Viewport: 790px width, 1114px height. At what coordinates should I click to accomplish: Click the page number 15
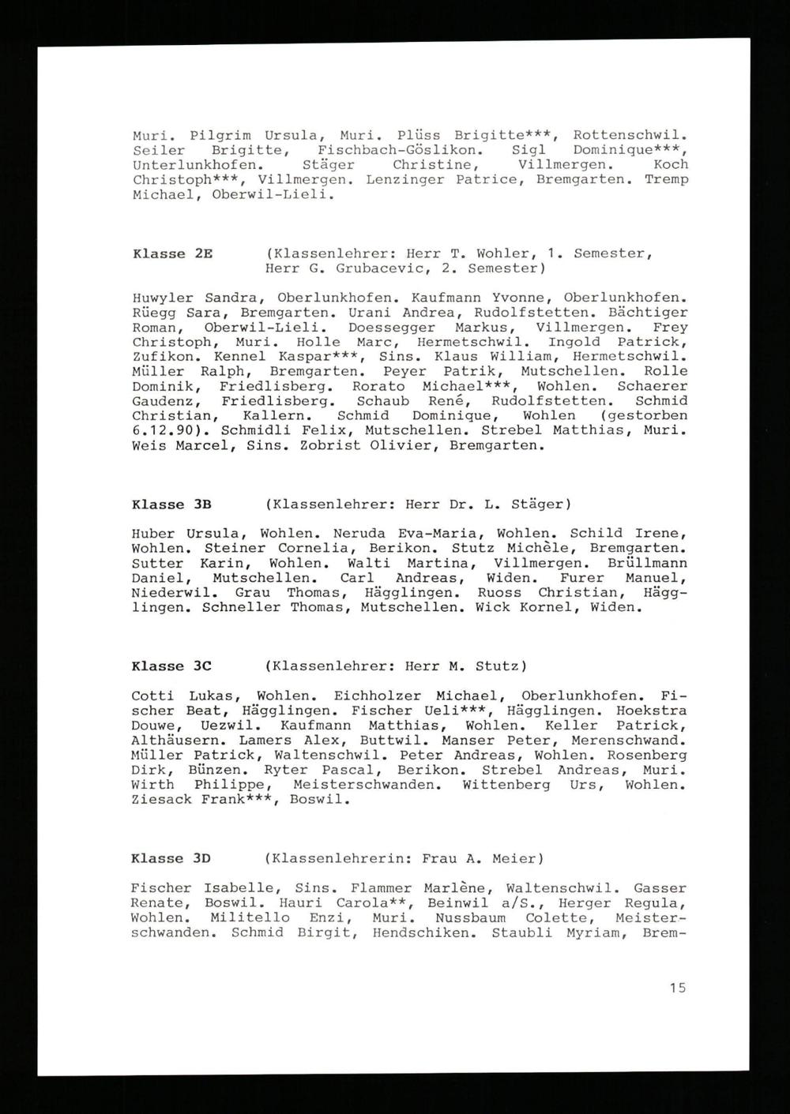tap(677, 988)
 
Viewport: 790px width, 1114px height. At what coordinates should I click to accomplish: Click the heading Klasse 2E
tap(172, 253)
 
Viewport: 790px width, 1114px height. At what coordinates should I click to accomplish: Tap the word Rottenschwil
tap(629, 135)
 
